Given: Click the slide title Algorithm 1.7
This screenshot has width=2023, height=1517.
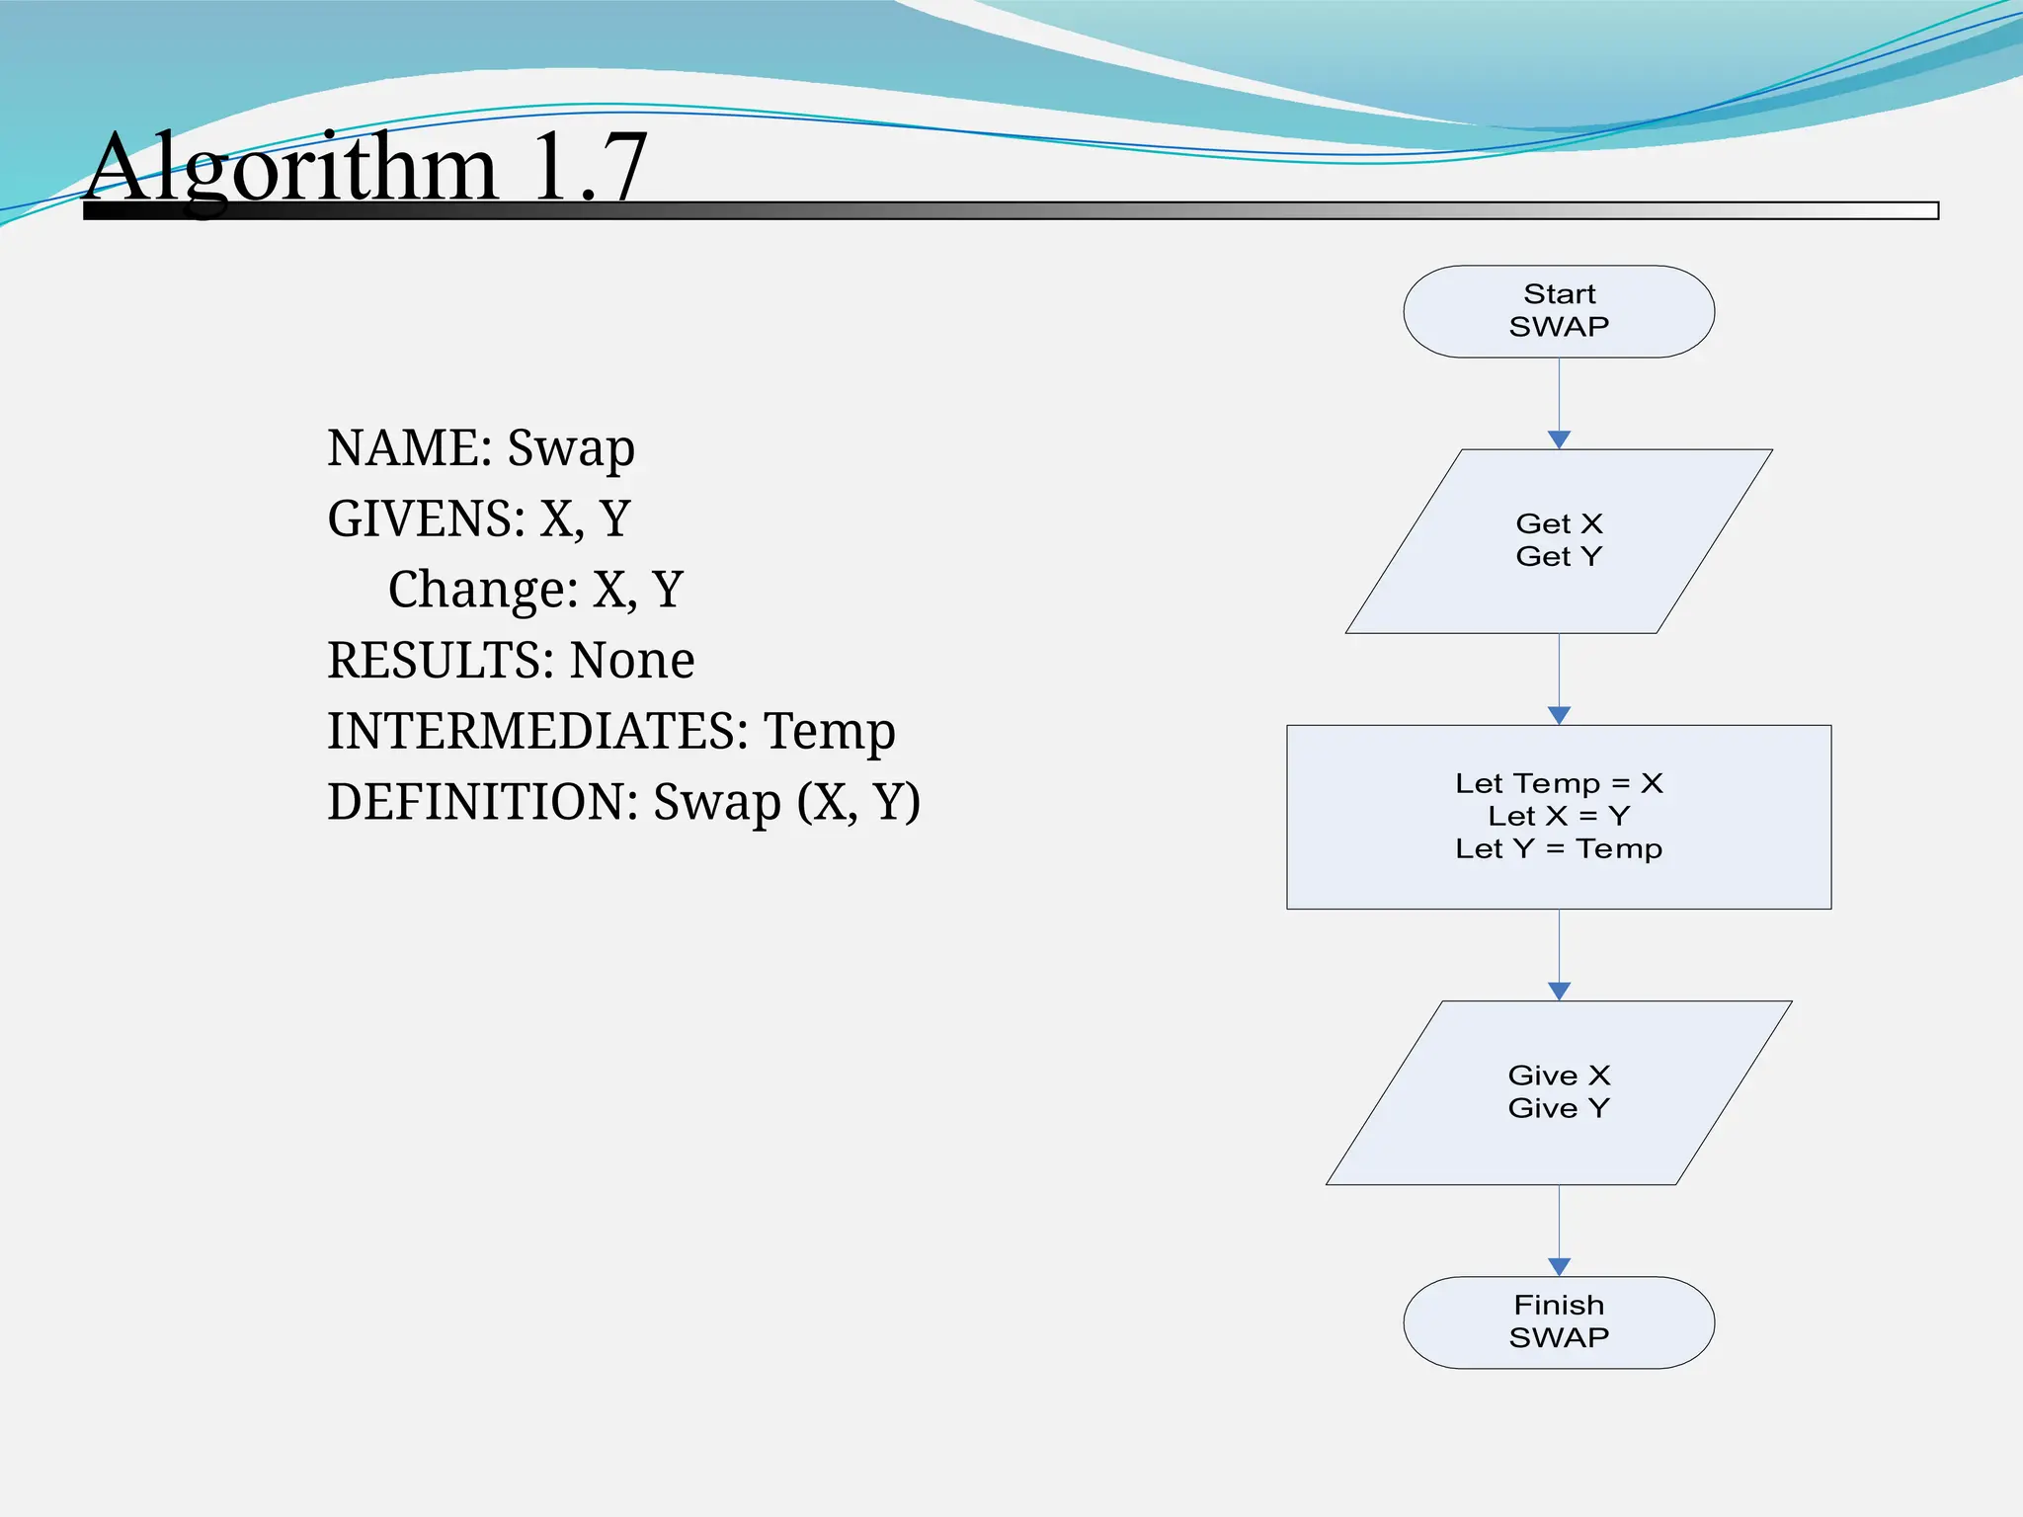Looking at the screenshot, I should tap(366, 168).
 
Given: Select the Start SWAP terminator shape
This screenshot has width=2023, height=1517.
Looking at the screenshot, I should tap(1559, 311).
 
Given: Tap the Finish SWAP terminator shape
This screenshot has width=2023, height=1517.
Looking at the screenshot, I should tap(1559, 1322).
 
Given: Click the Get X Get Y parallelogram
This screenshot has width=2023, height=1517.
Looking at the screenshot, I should tap(1559, 540).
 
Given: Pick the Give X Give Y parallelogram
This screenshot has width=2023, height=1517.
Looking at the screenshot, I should tap(1559, 1092).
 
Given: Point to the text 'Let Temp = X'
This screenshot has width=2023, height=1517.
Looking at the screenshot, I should tap(1559, 783).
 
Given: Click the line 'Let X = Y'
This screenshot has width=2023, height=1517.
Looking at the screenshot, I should tap(1559, 816).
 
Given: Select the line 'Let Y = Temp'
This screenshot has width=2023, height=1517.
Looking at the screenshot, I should tap(1559, 848).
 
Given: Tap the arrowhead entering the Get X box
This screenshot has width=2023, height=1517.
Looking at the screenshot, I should tap(1559, 439).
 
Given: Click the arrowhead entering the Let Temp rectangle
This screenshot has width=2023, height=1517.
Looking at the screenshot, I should tap(1559, 715).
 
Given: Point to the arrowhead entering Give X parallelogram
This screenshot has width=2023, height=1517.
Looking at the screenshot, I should tap(1559, 991).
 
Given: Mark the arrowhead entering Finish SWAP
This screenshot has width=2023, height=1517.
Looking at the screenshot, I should tap(1559, 1266).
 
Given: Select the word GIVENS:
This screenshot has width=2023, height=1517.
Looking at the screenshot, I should tap(426, 519).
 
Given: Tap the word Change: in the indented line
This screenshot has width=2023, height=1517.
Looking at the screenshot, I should tap(482, 591).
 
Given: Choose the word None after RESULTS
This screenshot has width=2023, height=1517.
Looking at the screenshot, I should tap(632, 661).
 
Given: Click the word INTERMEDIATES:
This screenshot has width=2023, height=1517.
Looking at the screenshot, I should tap(537, 732).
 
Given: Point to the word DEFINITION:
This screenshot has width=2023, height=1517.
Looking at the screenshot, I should tap(483, 802).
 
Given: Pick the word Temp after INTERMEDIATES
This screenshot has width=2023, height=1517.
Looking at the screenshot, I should tap(830, 732).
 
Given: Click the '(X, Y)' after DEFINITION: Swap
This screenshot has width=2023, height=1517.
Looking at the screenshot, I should tap(858, 802).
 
